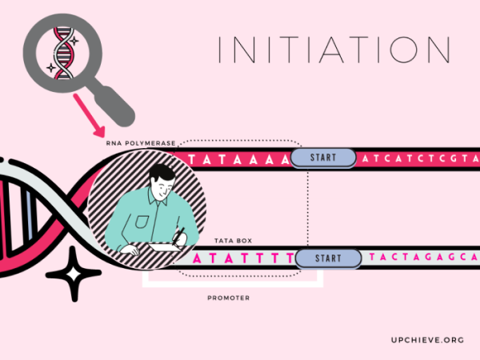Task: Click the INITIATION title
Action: [334, 50]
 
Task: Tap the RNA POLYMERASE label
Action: [141, 143]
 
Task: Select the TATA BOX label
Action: [234, 241]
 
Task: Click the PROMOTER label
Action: [228, 298]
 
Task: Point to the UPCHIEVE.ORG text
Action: [427, 340]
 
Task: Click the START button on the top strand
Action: [323, 158]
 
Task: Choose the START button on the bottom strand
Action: [328, 258]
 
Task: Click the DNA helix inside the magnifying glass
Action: [64, 54]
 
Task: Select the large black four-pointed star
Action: [74, 274]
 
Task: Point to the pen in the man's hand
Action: [178, 236]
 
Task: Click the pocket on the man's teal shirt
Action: [142, 222]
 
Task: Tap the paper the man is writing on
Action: [165, 246]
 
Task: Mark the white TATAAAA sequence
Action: [238, 160]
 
